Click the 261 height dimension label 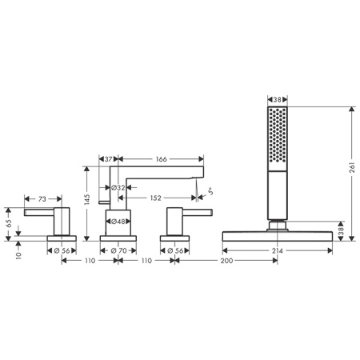coord(352,167)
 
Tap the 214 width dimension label coord(278,250)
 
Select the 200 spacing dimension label coord(226,261)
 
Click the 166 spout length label coord(161,159)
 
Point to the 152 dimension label coord(155,198)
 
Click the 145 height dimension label coord(87,199)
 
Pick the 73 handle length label coord(42,199)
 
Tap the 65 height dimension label coord(9,223)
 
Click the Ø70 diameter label coord(118,250)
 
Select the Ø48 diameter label coord(118,222)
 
